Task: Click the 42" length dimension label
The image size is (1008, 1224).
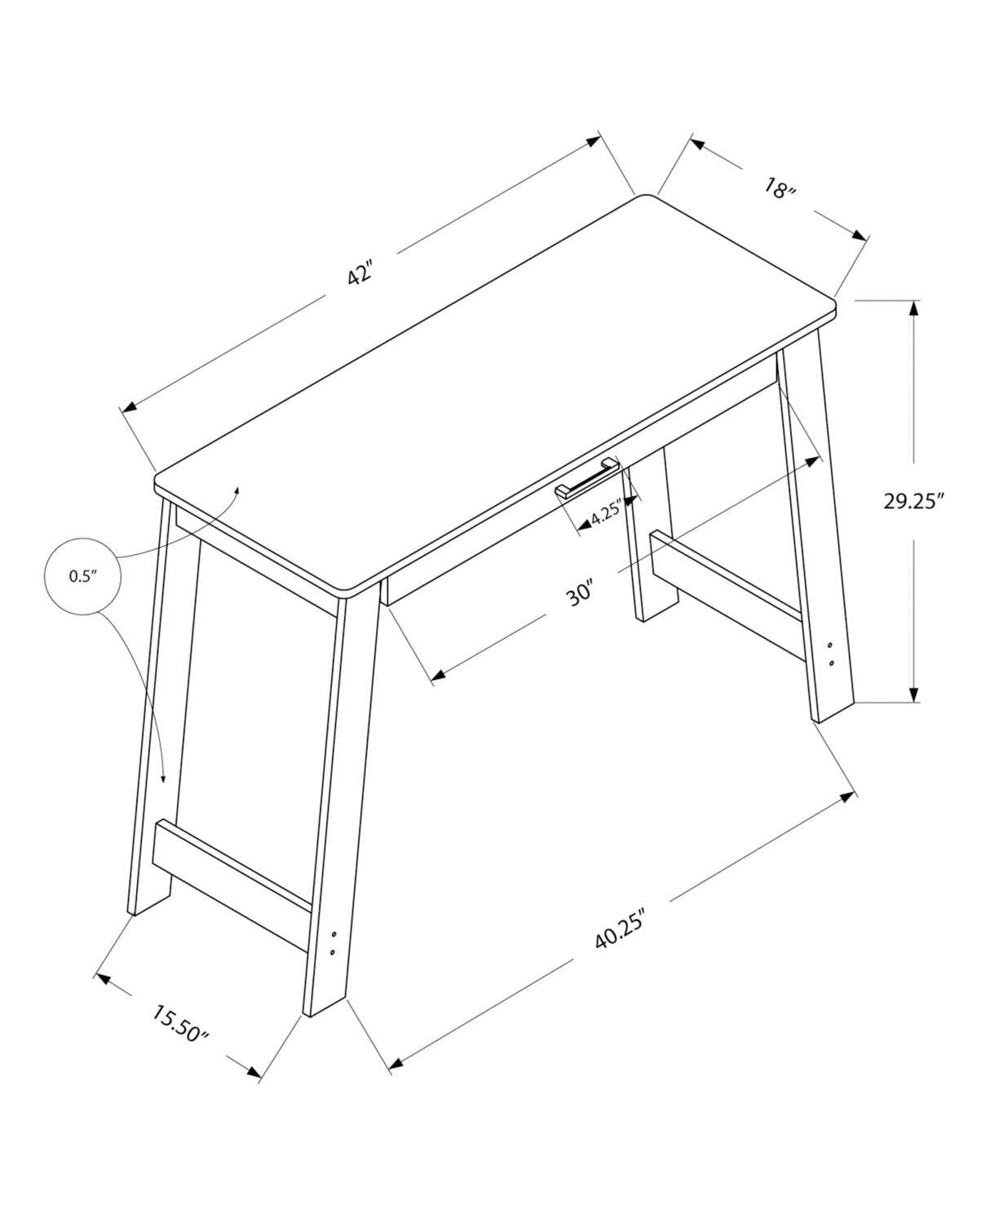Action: click(x=360, y=272)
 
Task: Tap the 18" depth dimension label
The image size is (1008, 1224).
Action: click(x=780, y=190)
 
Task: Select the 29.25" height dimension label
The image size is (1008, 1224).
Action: click(x=913, y=500)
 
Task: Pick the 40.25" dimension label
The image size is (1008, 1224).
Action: click(x=621, y=929)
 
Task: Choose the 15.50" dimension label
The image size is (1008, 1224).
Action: click(x=180, y=1022)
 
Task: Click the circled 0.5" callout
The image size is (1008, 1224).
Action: click(x=82, y=575)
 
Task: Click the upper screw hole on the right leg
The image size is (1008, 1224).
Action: click(x=831, y=645)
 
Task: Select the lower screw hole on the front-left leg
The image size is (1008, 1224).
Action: click(x=333, y=951)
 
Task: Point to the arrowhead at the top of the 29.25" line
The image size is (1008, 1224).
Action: click(x=914, y=308)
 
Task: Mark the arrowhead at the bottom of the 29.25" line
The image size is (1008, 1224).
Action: click(x=914, y=694)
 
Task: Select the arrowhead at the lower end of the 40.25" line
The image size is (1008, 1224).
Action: click(x=396, y=1063)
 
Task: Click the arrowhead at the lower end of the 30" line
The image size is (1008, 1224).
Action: click(x=437, y=675)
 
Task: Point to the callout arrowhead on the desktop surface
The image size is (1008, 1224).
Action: click(x=237, y=488)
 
